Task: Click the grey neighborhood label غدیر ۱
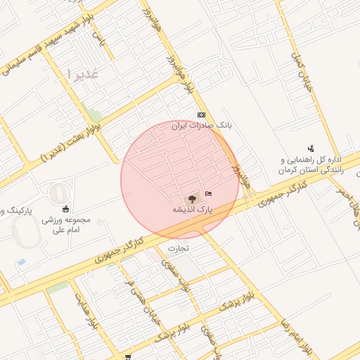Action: tap(82, 72)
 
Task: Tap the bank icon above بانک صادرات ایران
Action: tap(202, 115)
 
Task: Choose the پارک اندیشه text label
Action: tap(192, 210)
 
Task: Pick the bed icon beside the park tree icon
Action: tap(208, 193)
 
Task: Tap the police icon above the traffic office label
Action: tap(311, 149)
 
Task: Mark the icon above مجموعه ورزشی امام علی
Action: tap(66, 208)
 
